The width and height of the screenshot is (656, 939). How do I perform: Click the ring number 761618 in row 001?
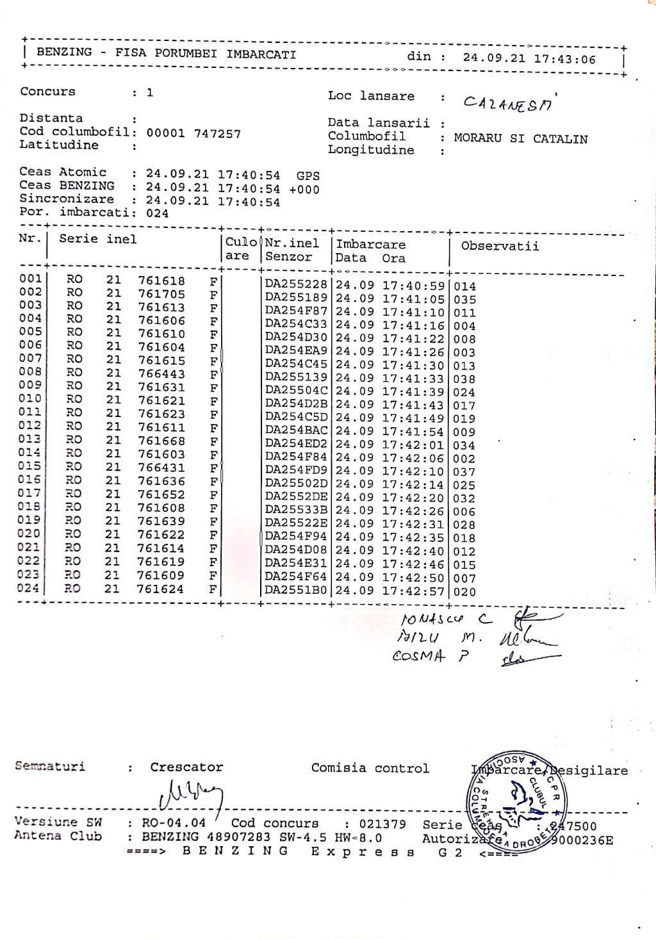click(x=161, y=281)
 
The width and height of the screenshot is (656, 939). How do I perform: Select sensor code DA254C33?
click(x=296, y=324)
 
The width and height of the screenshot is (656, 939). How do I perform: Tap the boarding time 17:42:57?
click(x=413, y=591)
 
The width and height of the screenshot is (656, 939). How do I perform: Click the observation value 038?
click(x=464, y=379)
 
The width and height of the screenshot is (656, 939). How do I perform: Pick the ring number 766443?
click(x=161, y=373)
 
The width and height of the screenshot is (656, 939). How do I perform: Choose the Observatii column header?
click(x=500, y=246)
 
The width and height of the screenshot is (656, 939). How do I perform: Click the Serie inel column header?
click(x=97, y=239)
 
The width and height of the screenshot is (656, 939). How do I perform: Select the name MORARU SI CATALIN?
click(x=520, y=138)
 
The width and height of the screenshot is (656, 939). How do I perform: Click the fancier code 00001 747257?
click(x=193, y=133)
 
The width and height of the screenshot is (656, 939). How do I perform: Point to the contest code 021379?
click(x=382, y=824)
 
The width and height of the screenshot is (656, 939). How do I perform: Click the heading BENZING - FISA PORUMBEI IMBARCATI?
click(x=166, y=53)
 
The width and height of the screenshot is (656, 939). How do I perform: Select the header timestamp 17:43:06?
click(x=566, y=59)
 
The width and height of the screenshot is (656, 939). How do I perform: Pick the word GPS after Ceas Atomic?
click(x=307, y=176)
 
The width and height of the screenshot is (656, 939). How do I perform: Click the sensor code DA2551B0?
click(x=296, y=591)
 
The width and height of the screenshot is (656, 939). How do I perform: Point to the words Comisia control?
click(x=370, y=768)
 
